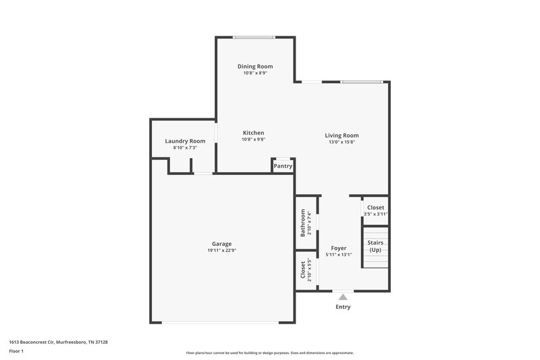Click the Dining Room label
coord(254,66)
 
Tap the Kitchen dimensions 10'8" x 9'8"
coord(253,140)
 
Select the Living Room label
coord(342,135)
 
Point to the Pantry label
coord(283,166)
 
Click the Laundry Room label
coord(184,140)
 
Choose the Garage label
coord(221,244)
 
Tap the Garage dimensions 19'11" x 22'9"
coord(221,251)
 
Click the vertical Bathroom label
coord(303,223)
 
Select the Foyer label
coord(338,248)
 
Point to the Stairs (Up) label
coord(375,246)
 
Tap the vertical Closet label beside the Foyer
coord(303,270)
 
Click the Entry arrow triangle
coord(344,296)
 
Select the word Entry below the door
coord(344,307)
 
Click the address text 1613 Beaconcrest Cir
coord(58,342)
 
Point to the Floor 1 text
coord(16,351)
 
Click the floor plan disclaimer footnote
coord(269,353)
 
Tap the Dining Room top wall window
coord(254,37)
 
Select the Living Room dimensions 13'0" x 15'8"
coord(342,142)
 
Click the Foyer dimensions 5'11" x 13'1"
coord(338,255)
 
